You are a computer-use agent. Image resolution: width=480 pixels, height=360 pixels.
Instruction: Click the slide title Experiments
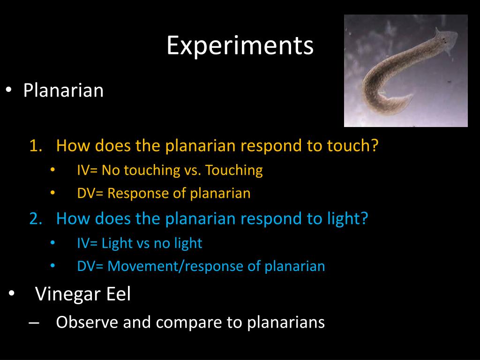pyautogui.click(x=240, y=46)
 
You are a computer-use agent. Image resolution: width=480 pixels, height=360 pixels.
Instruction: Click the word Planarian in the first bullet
pyautogui.click(x=63, y=90)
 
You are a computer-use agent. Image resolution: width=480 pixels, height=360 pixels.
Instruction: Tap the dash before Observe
pyautogui.click(x=34, y=322)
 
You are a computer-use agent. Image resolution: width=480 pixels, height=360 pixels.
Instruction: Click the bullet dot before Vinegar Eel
pyautogui.click(x=11, y=294)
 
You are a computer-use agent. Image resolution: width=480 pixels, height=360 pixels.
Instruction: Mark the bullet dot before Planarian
pyautogui.click(x=8, y=90)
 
